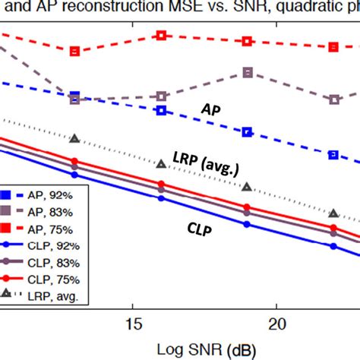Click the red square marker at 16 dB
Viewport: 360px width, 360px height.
click(x=161, y=36)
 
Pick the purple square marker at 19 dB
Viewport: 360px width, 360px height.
click(x=248, y=72)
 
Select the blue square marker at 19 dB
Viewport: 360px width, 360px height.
click(x=248, y=132)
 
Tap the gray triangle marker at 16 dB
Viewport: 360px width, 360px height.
click(x=161, y=163)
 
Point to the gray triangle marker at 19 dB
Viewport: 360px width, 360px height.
click(x=248, y=187)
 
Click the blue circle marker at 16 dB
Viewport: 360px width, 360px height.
click(x=161, y=198)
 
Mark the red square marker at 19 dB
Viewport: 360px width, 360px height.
click(x=248, y=41)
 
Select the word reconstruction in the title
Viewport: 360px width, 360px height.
click(x=112, y=9)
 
